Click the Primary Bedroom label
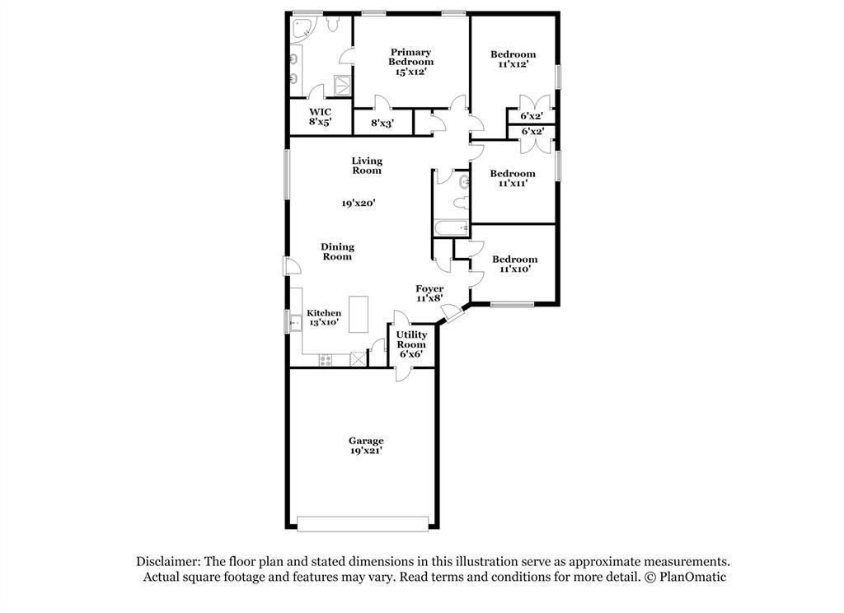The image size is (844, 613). point(410,62)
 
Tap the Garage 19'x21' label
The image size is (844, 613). point(365,446)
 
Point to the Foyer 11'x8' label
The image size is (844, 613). point(429,293)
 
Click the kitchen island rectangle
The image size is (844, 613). point(359,314)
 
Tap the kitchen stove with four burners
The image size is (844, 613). point(325,359)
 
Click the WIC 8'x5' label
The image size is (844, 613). point(320,116)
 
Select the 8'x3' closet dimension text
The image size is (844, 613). point(382,124)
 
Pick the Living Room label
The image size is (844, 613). point(367,166)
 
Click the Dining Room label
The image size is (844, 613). point(337,251)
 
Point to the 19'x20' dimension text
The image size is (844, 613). point(360,203)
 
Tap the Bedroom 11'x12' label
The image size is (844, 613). point(513,59)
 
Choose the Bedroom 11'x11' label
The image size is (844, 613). point(513,178)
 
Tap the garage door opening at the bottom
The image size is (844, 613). point(363,524)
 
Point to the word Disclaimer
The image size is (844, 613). point(167,561)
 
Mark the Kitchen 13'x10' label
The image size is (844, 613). point(324,318)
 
